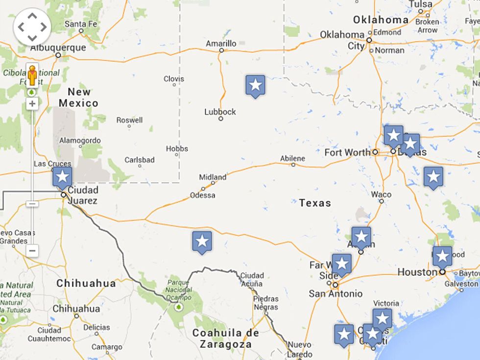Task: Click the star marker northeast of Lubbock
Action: pyautogui.click(x=255, y=86)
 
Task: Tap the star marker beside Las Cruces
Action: pyautogui.click(x=62, y=177)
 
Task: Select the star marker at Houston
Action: pyautogui.click(x=442, y=256)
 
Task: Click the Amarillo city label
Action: pyautogui.click(x=221, y=44)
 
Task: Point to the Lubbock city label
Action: pyautogui.click(x=220, y=112)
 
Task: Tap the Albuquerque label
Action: pyautogui.click(x=58, y=48)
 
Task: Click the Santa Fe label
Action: pyautogui.click(x=81, y=24)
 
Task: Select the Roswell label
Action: pyautogui.click(x=129, y=120)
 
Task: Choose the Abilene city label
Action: pyautogui.click(x=292, y=159)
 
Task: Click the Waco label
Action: pyautogui.click(x=381, y=194)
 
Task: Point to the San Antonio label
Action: pyautogui.click(x=336, y=293)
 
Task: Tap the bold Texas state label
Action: pyautogui.click(x=315, y=203)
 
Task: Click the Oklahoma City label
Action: pyautogui.click(x=342, y=40)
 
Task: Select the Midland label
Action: pyautogui.click(x=213, y=177)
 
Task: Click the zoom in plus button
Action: pyautogui.click(x=32, y=104)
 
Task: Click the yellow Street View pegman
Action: pyautogui.click(x=32, y=76)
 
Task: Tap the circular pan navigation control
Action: pyautogui.click(x=32, y=26)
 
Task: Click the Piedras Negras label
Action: pyautogui.click(x=265, y=303)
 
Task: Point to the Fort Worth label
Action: pyautogui.click(x=347, y=152)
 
